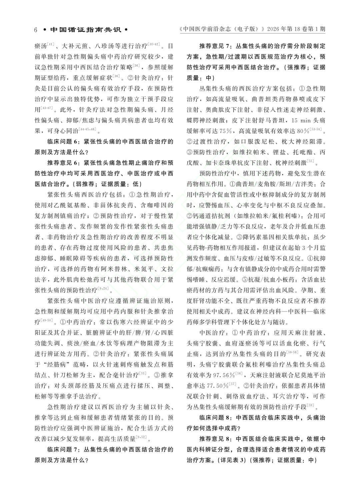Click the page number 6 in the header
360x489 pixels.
coord(36,30)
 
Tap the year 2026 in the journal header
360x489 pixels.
coord(275,29)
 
